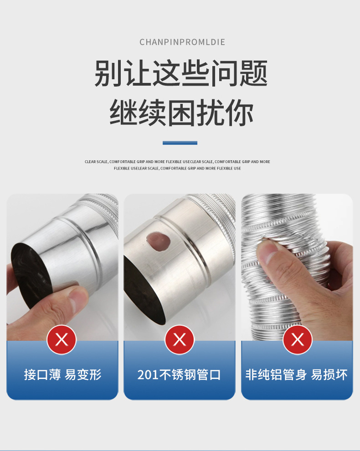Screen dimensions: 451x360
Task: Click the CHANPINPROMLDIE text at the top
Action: click(182, 42)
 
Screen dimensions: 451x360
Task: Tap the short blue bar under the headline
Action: click(180, 143)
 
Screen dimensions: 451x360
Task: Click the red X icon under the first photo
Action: click(62, 339)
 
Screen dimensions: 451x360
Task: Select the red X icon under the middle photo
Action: click(180, 339)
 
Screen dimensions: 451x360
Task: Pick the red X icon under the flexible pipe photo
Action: click(297, 339)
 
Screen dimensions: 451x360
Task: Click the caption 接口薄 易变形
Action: click(62, 375)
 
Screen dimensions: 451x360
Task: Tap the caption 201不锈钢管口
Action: click(179, 375)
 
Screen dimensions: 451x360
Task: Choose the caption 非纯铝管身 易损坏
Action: click(297, 375)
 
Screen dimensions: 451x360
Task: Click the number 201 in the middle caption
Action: click(148, 375)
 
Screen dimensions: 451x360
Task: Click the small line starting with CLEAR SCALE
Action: click(177, 162)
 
